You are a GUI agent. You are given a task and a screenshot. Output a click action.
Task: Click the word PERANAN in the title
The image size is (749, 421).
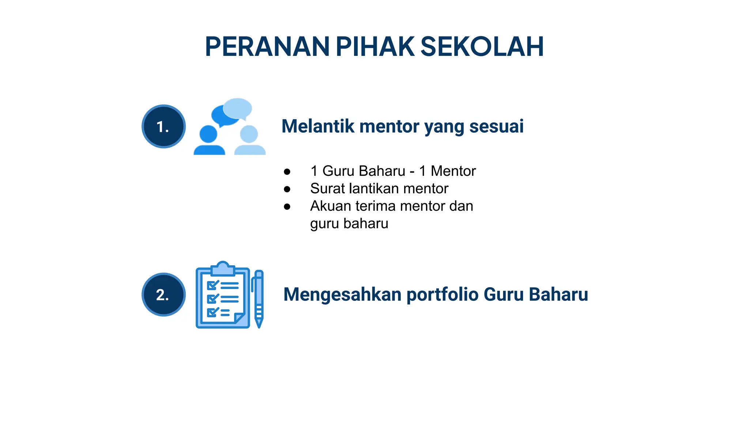[x=267, y=47]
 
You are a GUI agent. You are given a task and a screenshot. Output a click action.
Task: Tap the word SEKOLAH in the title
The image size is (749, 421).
[x=482, y=47]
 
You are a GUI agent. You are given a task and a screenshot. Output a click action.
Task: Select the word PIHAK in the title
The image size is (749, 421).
[x=375, y=47]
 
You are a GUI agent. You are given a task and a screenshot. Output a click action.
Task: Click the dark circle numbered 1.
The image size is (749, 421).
[x=163, y=126]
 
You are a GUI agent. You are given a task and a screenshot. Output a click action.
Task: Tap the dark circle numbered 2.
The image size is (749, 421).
[x=163, y=295]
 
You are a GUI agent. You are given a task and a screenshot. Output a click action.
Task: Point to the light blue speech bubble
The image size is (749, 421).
[x=238, y=108]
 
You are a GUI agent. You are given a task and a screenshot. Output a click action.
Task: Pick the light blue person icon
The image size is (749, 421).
[x=250, y=141]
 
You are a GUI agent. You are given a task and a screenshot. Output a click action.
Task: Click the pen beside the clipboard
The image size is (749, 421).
[x=259, y=298]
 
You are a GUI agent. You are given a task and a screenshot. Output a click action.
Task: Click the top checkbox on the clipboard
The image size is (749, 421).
[x=212, y=285]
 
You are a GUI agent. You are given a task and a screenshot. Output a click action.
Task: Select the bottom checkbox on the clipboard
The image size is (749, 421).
[x=212, y=312]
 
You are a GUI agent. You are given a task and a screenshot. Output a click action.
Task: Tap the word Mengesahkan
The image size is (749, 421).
[x=342, y=295]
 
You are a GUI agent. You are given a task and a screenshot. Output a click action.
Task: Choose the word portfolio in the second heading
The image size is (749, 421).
[x=443, y=295]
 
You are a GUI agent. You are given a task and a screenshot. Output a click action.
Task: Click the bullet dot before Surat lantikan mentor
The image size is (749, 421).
[x=287, y=189]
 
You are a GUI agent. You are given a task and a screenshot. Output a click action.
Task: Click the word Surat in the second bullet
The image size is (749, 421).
[x=327, y=189]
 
